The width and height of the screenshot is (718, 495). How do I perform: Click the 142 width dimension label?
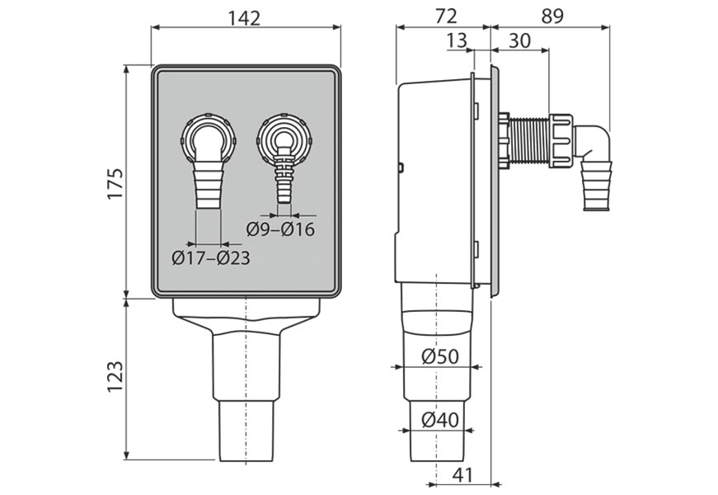(x=244, y=18)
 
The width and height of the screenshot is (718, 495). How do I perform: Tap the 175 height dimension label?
(x=115, y=183)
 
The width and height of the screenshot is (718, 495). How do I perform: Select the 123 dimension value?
(x=115, y=376)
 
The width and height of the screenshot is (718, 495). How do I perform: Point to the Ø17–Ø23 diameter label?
(x=211, y=258)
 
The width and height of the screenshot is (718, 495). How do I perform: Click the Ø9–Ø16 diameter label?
(x=281, y=229)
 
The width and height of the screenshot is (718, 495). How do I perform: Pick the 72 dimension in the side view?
(x=445, y=16)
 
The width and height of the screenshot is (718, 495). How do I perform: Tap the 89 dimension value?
(x=551, y=16)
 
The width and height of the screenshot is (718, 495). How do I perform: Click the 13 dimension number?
(x=457, y=40)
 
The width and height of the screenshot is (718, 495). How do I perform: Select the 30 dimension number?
(x=519, y=40)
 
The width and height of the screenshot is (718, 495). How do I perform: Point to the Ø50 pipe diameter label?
(x=439, y=356)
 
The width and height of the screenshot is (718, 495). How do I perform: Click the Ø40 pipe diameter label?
(x=439, y=419)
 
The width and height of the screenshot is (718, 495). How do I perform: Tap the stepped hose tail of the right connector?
(x=284, y=178)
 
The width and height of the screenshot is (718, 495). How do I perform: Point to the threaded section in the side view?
(x=530, y=139)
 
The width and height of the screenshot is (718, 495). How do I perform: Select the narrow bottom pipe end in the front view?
(x=246, y=431)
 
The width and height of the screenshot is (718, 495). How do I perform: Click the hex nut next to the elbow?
(x=561, y=140)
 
